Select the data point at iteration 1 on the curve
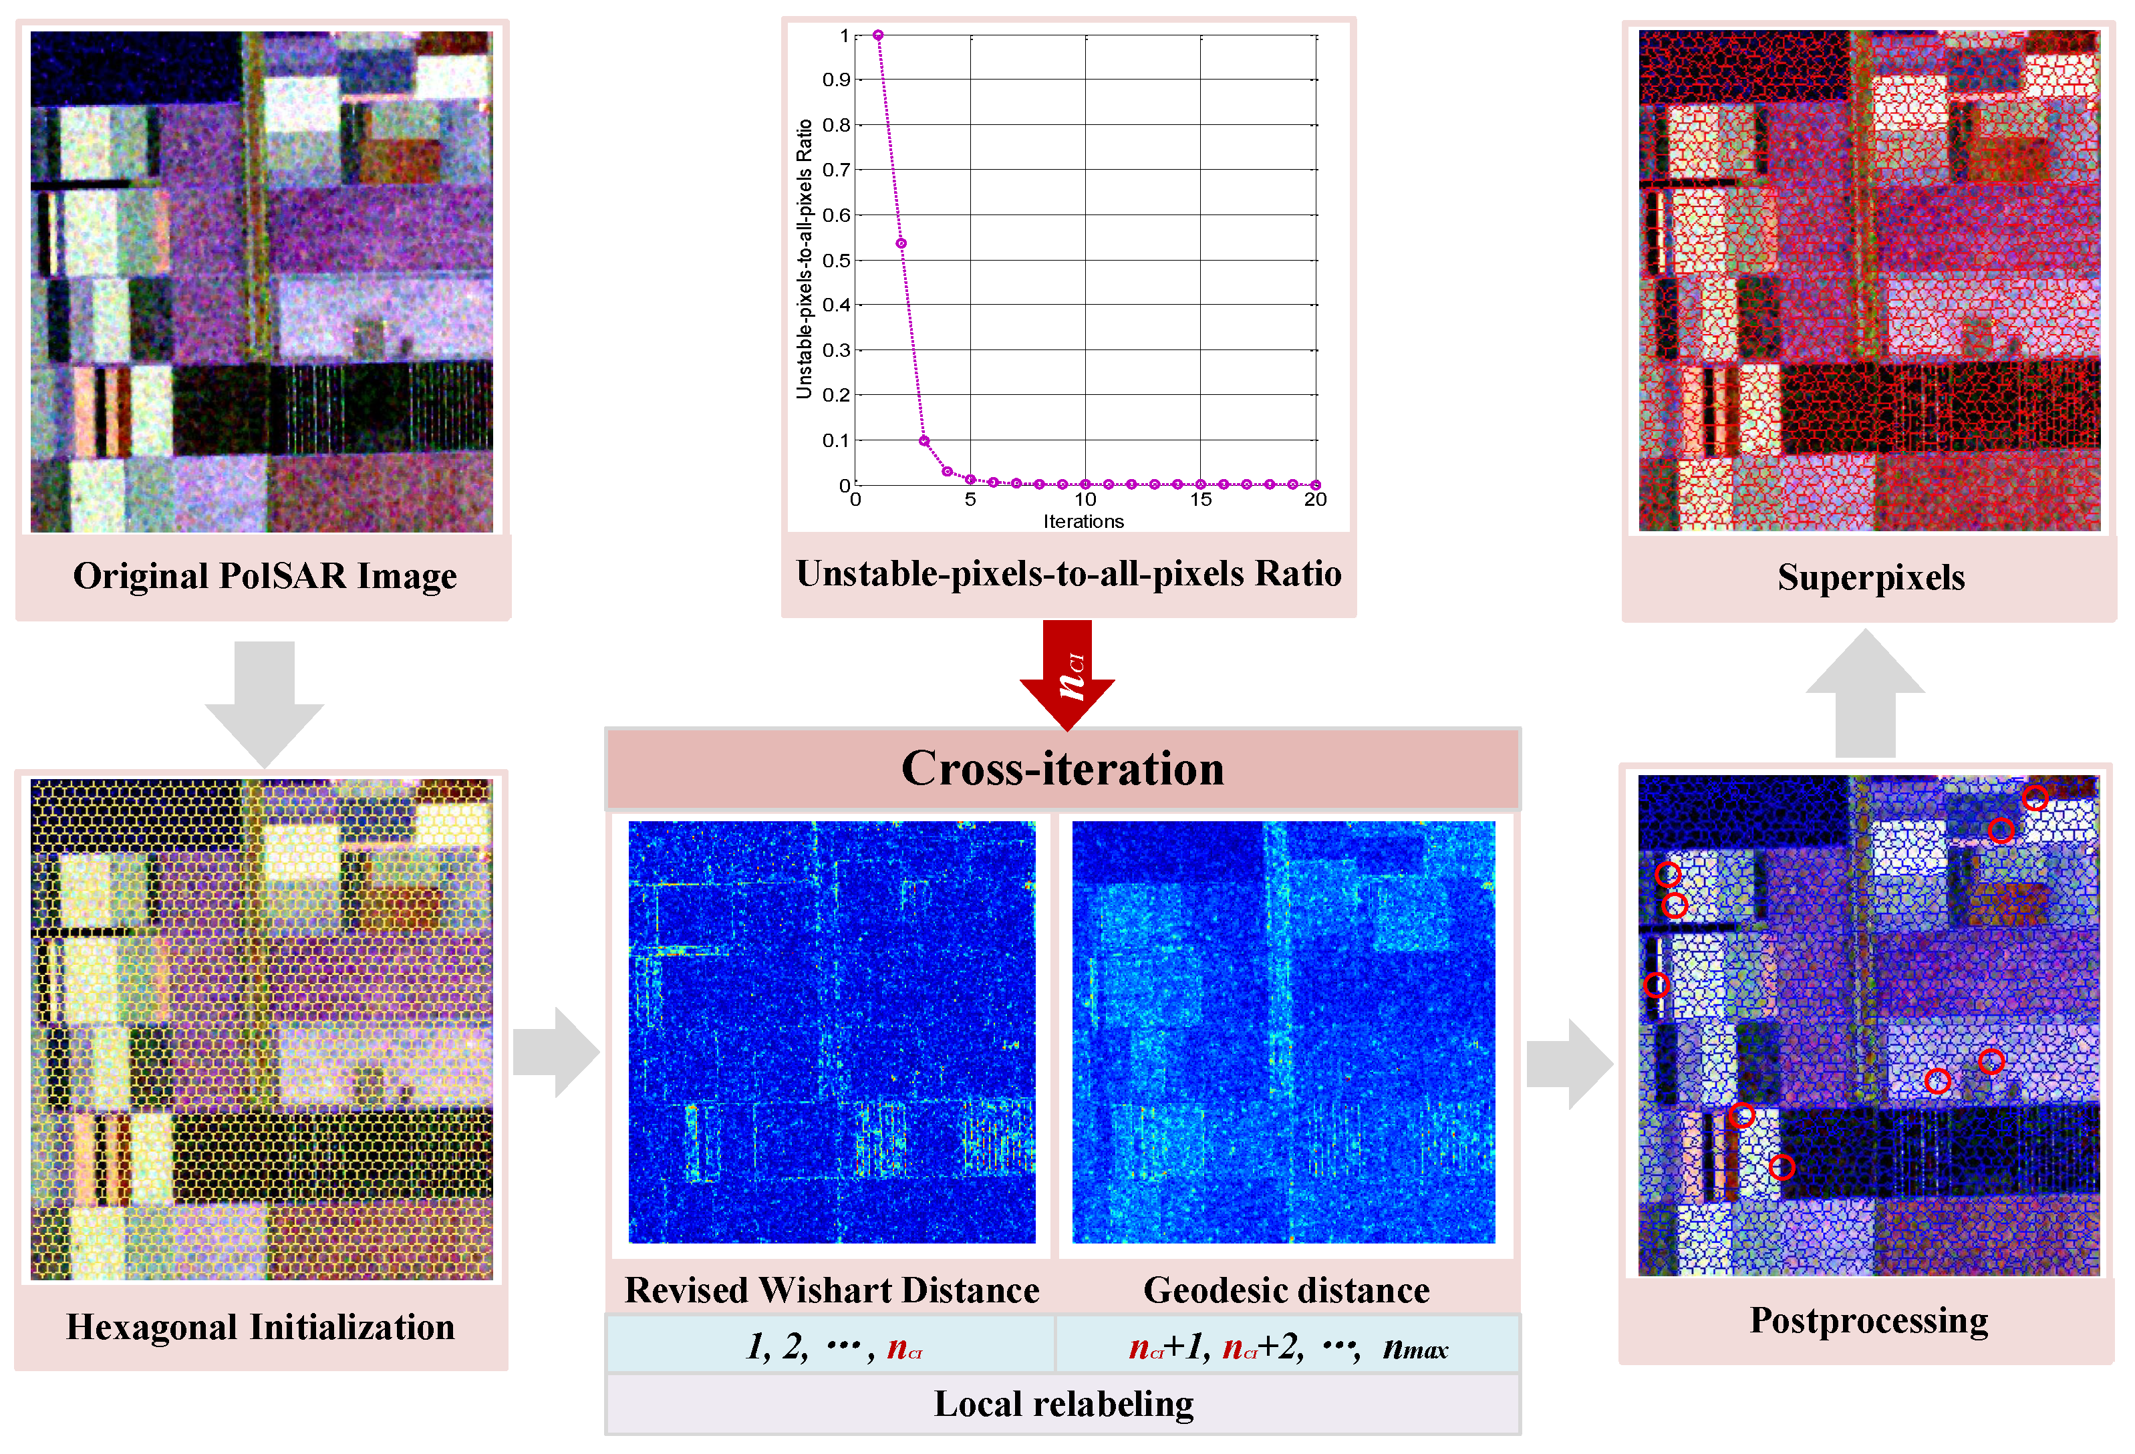[878, 35]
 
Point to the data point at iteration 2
[901, 243]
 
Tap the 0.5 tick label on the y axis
[836, 260]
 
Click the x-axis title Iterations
[1083, 522]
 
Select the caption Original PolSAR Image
[265, 576]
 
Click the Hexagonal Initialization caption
[260, 1327]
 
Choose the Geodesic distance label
[1286, 1290]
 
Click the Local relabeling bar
[1063, 1403]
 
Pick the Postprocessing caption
[1868, 1321]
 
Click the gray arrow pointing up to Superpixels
[1865, 694]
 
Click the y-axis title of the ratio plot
[805, 259]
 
